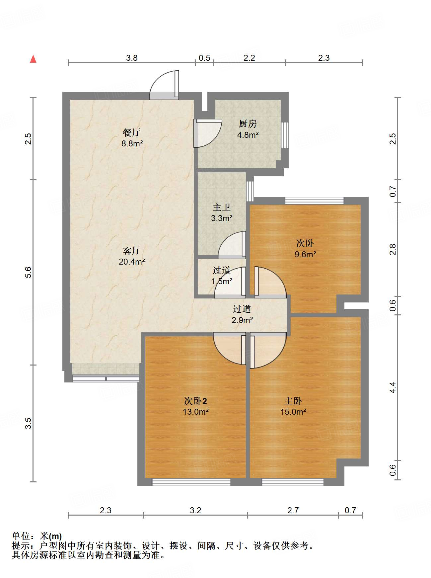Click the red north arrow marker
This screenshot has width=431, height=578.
pyautogui.click(x=33, y=59)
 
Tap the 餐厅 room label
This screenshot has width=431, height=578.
pyautogui.click(x=132, y=132)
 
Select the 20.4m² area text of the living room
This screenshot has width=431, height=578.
pyautogui.click(x=132, y=262)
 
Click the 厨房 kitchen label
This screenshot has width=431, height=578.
pyautogui.click(x=248, y=124)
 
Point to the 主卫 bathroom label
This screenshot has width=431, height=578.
pyautogui.click(x=222, y=207)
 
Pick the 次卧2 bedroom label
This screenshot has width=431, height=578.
pyautogui.click(x=195, y=401)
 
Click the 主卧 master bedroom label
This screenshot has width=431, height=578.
pyautogui.click(x=293, y=401)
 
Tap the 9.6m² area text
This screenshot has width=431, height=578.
pyautogui.click(x=305, y=254)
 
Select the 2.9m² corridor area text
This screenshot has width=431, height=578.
pyautogui.click(x=242, y=320)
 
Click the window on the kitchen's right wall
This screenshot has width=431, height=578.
pyautogui.click(x=285, y=135)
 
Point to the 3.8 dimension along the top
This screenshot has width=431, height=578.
pyautogui.click(x=132, y=58)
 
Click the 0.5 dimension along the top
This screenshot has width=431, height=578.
pyautogui.click(x=204, y=58)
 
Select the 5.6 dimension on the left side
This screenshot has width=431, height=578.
pyautogui.click(x=28, y=272)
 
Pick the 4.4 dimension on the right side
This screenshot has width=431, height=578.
pyautogui.click(x=393, y=387)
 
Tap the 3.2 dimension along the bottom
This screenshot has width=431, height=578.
pyautogui.click(x=195, y=510)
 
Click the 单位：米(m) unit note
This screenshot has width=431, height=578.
pyautogui.click(x=36, y=536)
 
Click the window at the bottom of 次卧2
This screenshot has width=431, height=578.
pyautogui.click(x=191, y=482)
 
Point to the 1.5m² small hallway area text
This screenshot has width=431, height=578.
pyautogui.click(x=222, y=281)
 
